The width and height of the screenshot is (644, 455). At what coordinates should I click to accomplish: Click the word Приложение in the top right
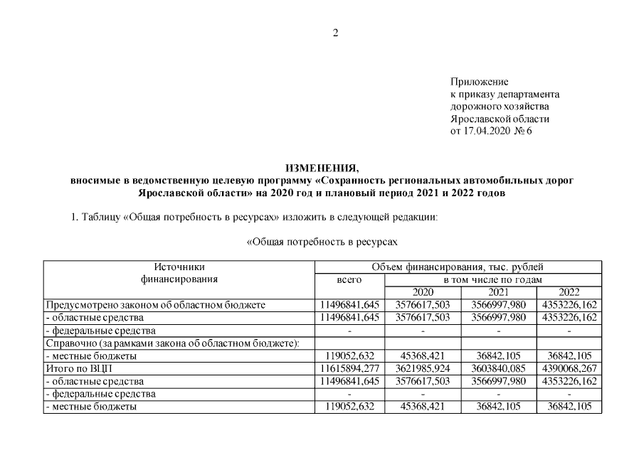tap(479, 82)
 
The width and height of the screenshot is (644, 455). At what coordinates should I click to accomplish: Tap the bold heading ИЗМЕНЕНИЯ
tap(322, 168)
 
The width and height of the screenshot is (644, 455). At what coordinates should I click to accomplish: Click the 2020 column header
tap(423, 292)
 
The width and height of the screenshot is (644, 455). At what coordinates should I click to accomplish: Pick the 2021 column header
tap(497, 292)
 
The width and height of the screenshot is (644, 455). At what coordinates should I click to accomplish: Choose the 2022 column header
tap(569, 292)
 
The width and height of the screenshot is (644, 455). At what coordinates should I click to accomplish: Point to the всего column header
tap(349, 280)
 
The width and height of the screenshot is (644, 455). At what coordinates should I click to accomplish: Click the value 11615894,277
tap(349, 369)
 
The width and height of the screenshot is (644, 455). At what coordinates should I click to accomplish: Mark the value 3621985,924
tap(423, 369)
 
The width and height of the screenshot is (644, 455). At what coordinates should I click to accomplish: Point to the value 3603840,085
tap(497, 369)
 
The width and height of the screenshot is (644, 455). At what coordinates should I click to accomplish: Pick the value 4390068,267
tap(569, 369)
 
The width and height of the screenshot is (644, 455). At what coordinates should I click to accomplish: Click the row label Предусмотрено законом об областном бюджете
tap(154, 305)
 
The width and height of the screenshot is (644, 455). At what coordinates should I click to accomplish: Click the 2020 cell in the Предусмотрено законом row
tap(423, 305)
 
